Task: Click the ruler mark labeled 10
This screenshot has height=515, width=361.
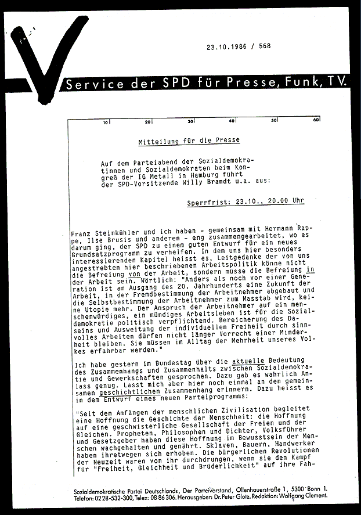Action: [x=106, y=123]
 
